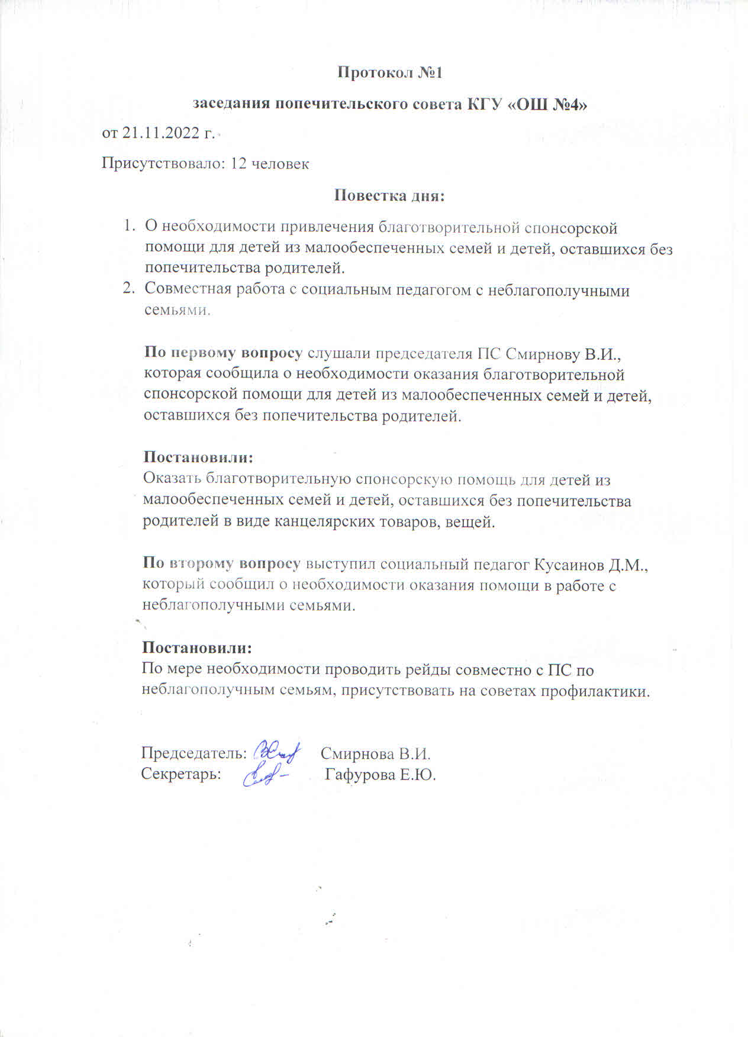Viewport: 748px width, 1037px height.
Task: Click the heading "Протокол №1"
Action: click(x=390, y=73)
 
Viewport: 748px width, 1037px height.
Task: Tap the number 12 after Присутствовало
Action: click(x=238, y=163)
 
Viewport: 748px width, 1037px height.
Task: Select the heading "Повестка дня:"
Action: click(x=389, y=195)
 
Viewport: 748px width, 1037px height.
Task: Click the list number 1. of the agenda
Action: click(x=129, y=227)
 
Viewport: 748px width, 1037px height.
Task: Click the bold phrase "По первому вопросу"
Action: click(x=223, y=353)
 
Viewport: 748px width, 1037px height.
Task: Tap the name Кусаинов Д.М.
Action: click(x=591, y=565)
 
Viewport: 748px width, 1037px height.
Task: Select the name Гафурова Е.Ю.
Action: click(x=380, y=775)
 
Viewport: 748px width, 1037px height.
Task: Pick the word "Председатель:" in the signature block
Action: click(x=194, y=753)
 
